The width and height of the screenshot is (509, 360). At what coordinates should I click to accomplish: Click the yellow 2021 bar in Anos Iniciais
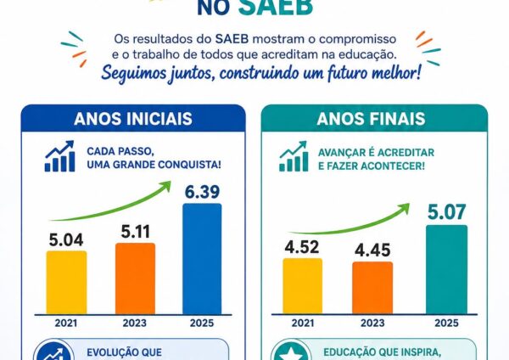[x=66, y=283]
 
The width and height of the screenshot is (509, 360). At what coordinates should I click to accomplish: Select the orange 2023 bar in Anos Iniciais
[x=136, y=278]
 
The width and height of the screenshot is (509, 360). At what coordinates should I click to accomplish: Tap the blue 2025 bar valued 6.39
[x=202, y=259]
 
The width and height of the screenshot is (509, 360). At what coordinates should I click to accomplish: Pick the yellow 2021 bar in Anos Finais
[x=303, y=286]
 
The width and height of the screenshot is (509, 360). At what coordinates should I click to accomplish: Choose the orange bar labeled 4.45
[x=372, y=288]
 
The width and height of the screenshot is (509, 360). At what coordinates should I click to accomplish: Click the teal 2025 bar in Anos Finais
[x=447, y=269]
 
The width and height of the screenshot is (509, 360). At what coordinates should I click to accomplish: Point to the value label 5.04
[x=66, y=239]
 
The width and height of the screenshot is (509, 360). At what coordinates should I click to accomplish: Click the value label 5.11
[x=136, y=232]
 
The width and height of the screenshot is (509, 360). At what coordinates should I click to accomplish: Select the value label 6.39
[x=202, y=191]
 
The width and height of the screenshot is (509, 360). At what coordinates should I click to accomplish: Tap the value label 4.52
[x=302, y=247]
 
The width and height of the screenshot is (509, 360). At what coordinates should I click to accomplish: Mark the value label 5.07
[x=447, y=212]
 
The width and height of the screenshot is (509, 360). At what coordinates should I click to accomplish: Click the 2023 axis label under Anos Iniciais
[x=135, y=323]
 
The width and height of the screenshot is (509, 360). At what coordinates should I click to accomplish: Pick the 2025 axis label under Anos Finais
[x=447, y=323]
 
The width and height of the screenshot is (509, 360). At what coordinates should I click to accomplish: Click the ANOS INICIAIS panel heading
[x=133, y=119]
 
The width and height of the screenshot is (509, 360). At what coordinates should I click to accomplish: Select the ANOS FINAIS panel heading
[x=371, y=119]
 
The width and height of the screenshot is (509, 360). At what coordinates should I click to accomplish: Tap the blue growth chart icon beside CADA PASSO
[x=59, y=156]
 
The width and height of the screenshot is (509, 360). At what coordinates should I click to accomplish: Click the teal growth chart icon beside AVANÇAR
[x=294, y=156]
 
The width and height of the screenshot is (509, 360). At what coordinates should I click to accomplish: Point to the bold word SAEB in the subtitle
[x=232, y=39]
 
